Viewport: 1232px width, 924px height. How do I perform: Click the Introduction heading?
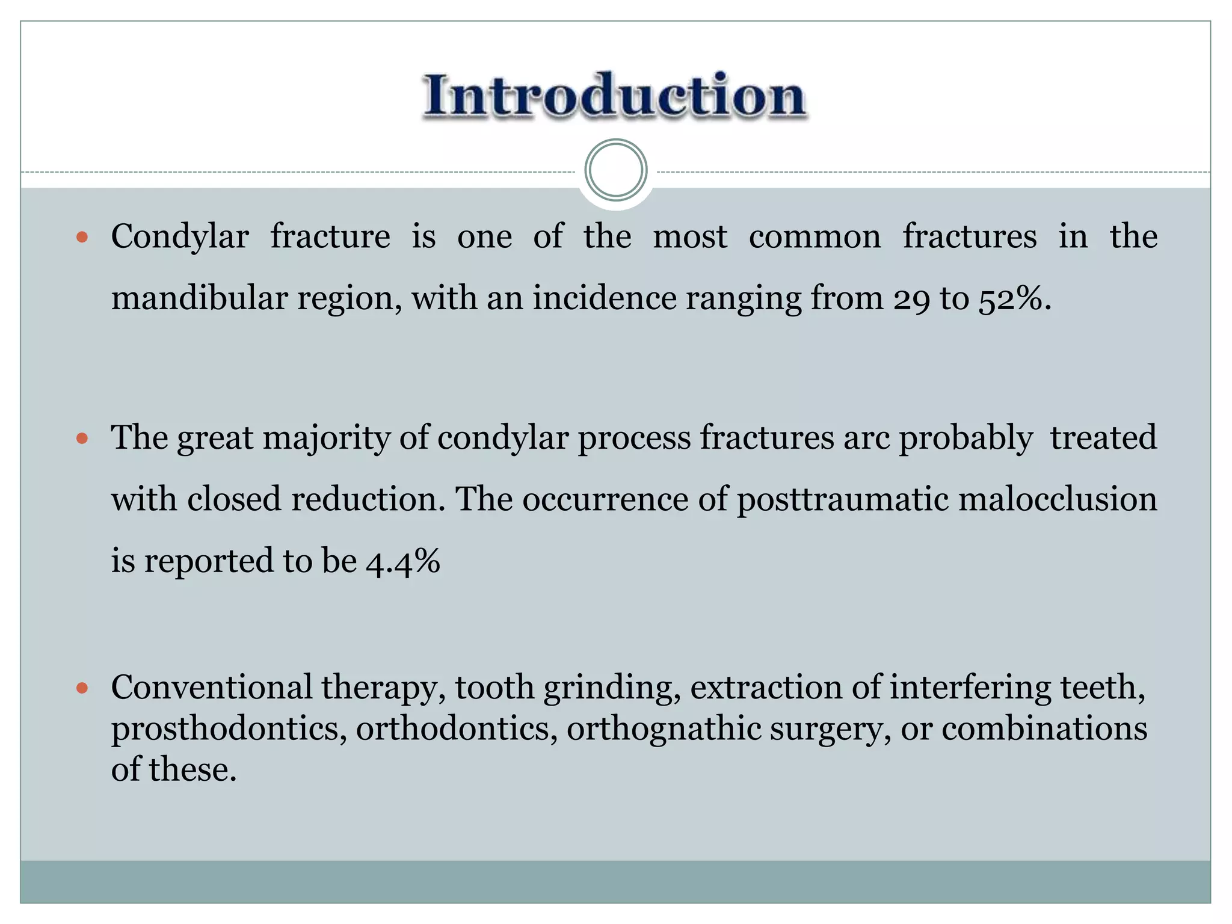[615, 96]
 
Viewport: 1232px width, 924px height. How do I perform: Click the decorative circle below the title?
[615, 170]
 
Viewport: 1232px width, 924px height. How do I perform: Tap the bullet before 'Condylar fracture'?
[82, 238]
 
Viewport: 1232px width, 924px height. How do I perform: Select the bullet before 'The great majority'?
[82, 439]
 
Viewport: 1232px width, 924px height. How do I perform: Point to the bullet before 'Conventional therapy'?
[82, 688]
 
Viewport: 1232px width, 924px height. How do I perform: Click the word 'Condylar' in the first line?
[180, 237]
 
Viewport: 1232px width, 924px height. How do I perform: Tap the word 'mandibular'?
[199, 299]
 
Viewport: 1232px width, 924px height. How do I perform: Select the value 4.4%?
[403, 562]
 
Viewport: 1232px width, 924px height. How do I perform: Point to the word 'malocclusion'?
[1057, 500]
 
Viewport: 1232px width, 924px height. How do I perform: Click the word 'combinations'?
[1044, 730]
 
